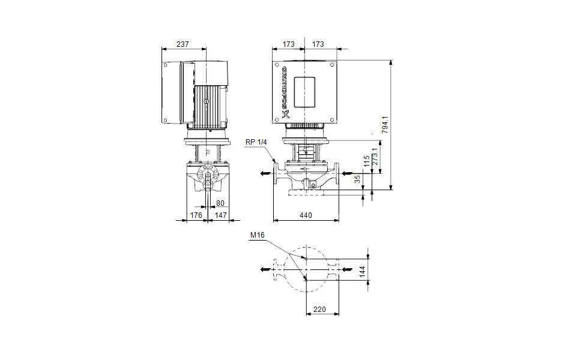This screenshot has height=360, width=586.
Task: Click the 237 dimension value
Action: click(184, 44)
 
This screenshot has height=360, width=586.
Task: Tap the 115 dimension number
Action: click(366, 161)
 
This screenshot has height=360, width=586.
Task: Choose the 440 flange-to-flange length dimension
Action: click(306, 215)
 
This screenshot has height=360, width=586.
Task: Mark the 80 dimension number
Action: click(220, 203)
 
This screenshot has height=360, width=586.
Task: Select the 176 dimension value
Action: click(196, 215)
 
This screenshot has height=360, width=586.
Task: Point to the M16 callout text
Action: click(257, 235)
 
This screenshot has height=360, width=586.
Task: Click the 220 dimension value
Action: click(319, 309)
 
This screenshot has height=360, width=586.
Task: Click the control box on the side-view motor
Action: click(178, 93)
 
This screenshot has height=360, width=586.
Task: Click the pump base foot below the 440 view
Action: click(306, 193)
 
